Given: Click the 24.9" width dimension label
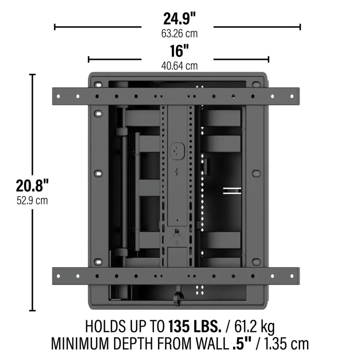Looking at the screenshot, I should point(179,19).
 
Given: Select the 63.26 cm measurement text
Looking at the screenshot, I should point(179,34).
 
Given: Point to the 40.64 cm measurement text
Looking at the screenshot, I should point(179,66).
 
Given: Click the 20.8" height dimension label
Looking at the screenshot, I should point(32,186).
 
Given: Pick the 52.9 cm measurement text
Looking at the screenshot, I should point(32,201).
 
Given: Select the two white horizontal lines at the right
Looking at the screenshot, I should point(232,191).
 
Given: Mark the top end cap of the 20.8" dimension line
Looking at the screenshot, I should point(32,75).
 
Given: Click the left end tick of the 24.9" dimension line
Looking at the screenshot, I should point(54,27).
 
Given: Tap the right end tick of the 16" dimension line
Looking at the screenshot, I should point(269,59).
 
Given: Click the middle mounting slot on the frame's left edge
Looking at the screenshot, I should point(98,173).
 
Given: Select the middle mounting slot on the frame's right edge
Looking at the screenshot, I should point(256,173).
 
